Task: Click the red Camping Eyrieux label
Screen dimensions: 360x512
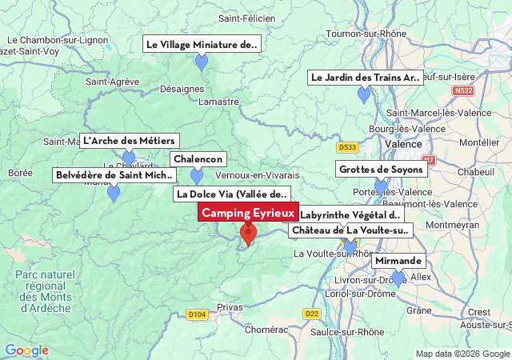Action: (x=248, y=214)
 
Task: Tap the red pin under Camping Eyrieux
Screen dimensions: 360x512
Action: (x=248, y=234)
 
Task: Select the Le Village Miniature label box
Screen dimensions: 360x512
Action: (x=202, y=45)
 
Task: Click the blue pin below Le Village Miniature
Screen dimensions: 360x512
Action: (x=202, y=62)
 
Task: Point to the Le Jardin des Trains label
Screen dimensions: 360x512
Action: (x=365, y=78)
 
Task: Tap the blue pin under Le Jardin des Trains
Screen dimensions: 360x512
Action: (x=364, y=95)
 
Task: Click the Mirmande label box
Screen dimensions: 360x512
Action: (x=398, y=261)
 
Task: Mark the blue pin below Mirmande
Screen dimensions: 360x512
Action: (x=398, y=278)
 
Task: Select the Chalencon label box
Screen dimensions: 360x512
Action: (x=198, y=159)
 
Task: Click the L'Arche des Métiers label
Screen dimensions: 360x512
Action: (x=129, y=141)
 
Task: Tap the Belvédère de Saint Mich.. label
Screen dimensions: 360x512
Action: (x=113, y=175)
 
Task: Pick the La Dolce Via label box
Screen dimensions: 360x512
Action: (x=231, y=194)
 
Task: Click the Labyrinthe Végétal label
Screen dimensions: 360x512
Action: (x=350, y=215)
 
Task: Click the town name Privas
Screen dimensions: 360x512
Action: (x=230, y=307)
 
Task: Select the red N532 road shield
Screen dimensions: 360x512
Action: (x=462, y=91)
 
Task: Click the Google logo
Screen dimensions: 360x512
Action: (x=26, y=350)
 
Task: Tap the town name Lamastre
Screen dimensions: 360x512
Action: (x=218, y=102)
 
